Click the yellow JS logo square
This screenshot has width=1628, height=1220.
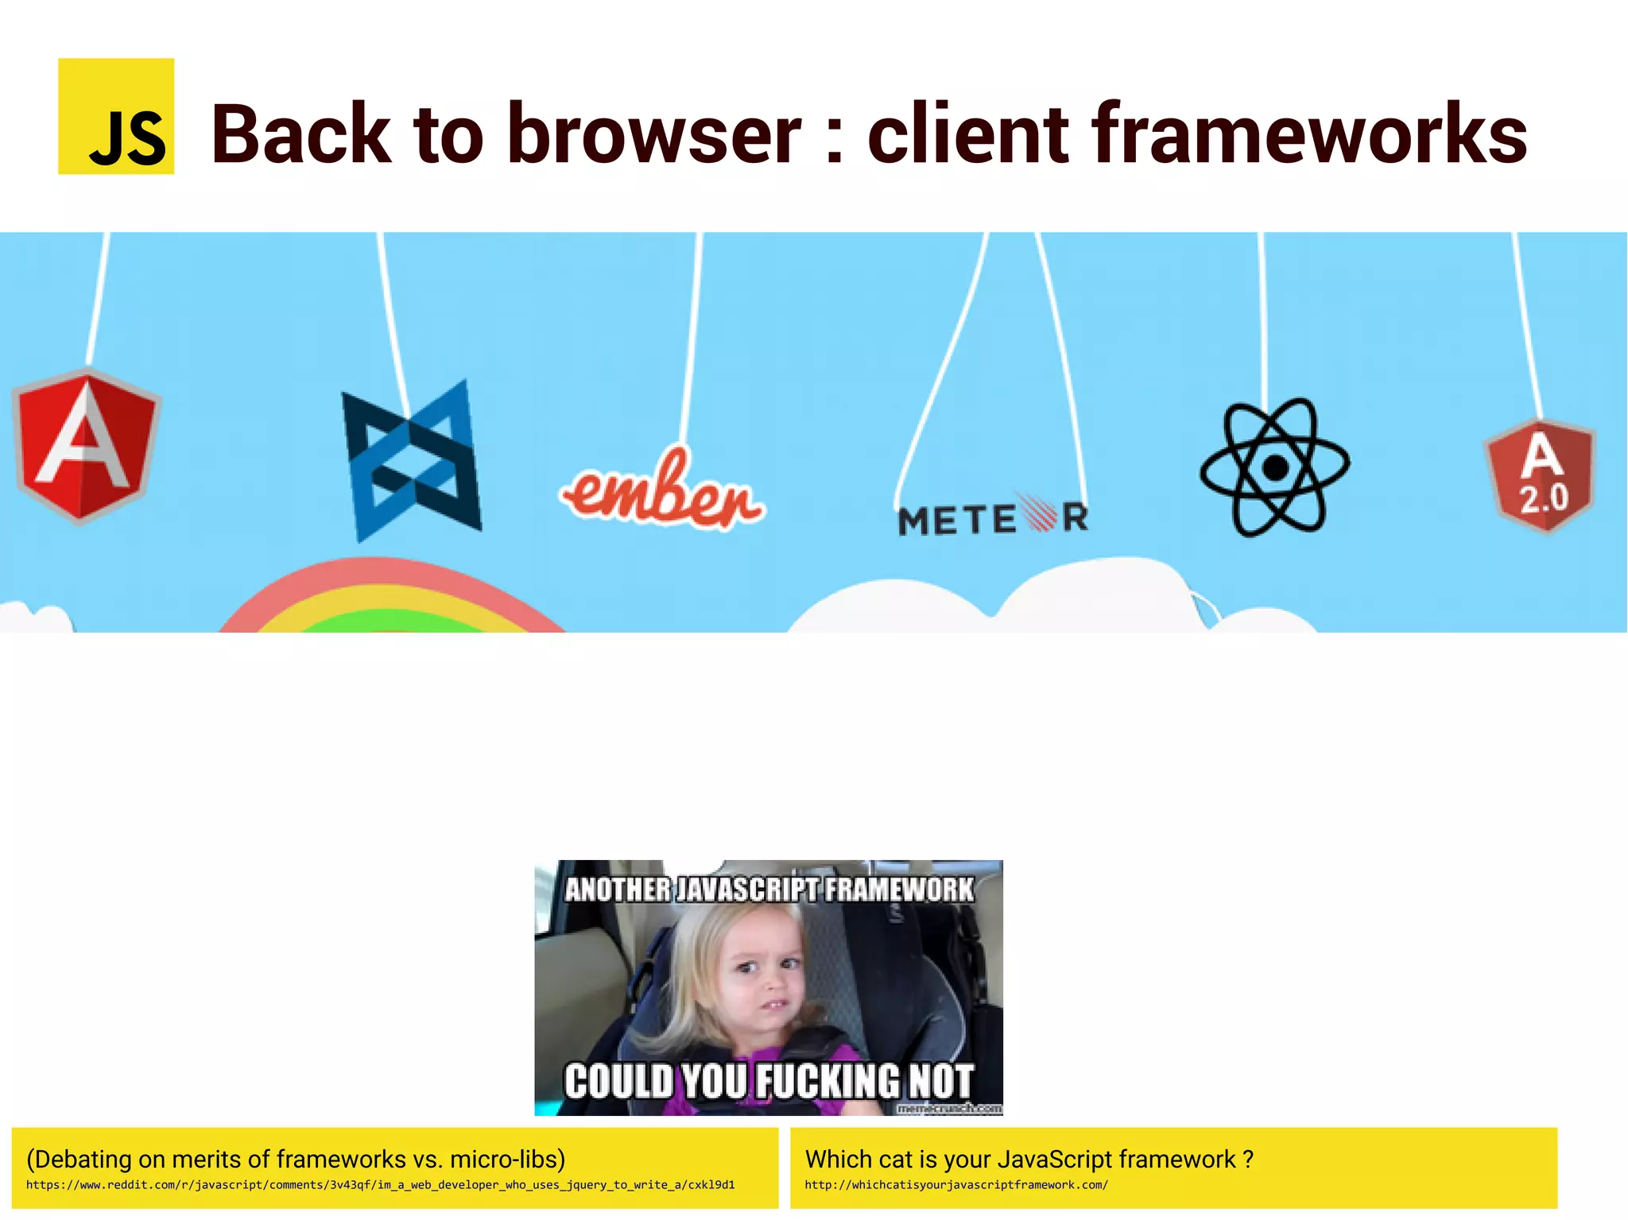tap(116, 116)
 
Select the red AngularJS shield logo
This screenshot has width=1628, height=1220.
tap(87, 445)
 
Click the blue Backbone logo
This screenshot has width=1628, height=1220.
tap(411, 461)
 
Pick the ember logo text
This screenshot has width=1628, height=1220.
tap(662, 493)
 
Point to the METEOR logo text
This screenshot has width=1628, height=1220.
tap(993, 519)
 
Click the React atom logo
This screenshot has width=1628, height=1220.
tap(1274, 467)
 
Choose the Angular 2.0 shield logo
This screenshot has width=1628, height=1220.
tap(1541, 475)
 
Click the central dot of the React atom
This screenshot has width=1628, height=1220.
tap(1275, 467)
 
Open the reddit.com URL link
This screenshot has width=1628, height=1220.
tap(380, 1185)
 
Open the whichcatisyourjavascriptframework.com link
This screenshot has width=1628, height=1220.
tap(955, 1185)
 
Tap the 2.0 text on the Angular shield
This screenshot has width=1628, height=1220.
tap(1543, 499)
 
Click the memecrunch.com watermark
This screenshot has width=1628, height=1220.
tap(949, 1109)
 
